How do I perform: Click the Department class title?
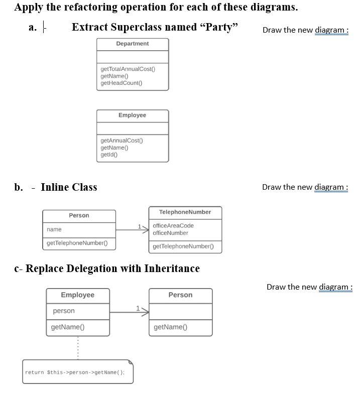(132, 44)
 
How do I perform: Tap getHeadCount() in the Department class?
(122, 83)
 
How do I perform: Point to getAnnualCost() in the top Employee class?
(122, 141)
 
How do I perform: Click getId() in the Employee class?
(109, 155)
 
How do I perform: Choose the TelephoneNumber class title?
(185, 212)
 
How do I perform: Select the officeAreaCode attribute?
(173, 226)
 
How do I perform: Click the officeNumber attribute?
(170, 233)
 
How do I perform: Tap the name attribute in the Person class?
(54, 229)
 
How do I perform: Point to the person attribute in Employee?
(64, 311)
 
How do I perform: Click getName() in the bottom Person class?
(170, 327)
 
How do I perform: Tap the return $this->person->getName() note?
(78, 372)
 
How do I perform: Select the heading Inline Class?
(69, 187)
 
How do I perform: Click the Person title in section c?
(180, 295)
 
